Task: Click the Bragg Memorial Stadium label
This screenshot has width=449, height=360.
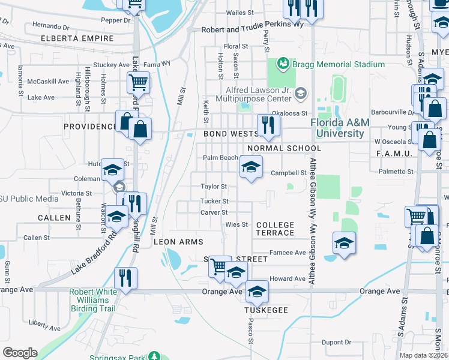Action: (339, 64)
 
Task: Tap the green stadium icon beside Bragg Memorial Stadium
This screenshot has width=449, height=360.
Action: (283, 64)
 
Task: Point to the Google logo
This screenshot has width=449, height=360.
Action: (20, 352)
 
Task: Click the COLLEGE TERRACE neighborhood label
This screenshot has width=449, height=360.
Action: (276, 229)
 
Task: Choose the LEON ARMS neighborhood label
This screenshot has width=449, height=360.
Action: (179, 242)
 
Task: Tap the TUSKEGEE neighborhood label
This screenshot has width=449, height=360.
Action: (267, 310)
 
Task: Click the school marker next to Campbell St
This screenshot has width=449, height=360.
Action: (251, 167)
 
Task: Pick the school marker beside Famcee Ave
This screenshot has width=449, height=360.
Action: (345, 242)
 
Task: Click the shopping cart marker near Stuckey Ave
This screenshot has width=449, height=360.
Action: (138, 83)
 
